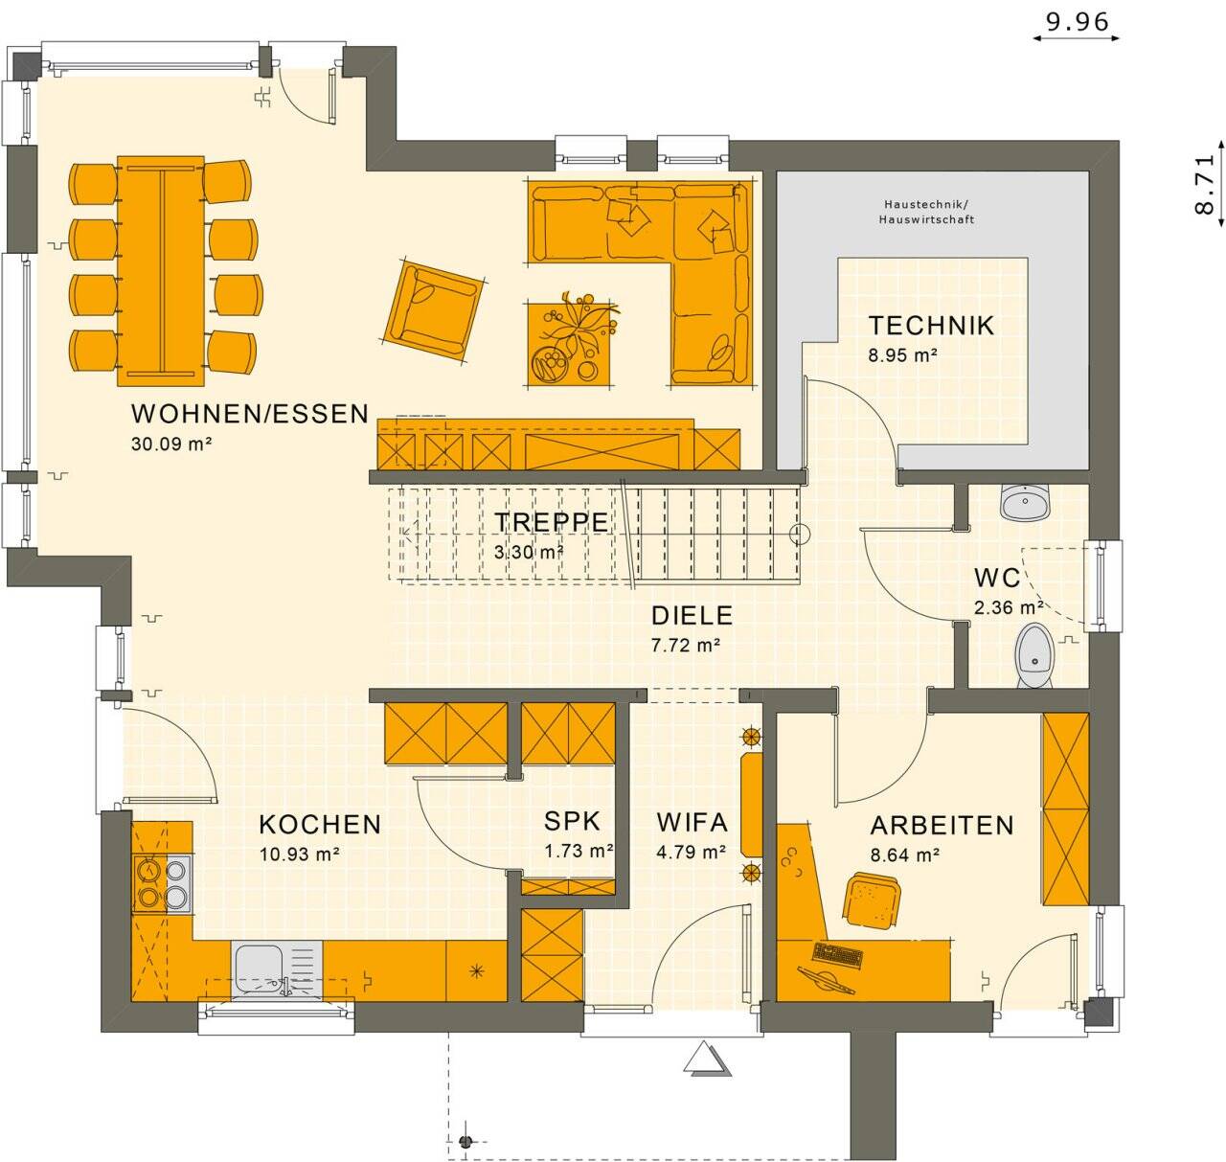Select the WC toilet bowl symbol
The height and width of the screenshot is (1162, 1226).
[1033, 655]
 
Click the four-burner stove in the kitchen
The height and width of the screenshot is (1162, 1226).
[162, 882]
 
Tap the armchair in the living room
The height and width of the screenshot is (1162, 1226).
[432, 305]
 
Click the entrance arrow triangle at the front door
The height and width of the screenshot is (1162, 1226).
[707, 1059]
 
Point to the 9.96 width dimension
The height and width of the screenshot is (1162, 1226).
[1077, 22]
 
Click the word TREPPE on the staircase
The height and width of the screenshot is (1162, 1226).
[551, 521]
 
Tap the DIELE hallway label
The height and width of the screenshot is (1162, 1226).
[692, 615]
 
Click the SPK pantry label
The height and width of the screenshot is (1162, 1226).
[572, 821]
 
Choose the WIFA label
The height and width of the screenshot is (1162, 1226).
[692, 822]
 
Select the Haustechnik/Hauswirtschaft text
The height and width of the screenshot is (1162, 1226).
[926, 212]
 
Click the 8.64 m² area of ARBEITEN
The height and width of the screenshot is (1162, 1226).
[903, 854]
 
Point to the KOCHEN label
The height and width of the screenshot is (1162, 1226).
[320, 824]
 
